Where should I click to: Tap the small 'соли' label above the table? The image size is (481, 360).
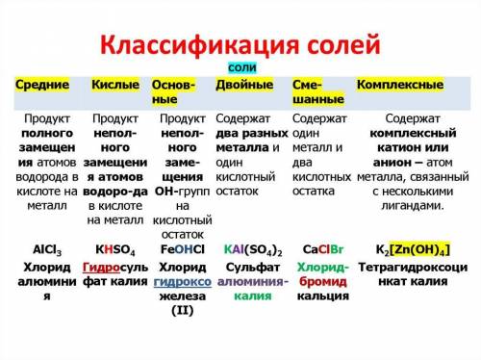click(x=240, y=69)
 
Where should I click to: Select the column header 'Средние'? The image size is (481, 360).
click(x=42, y=85)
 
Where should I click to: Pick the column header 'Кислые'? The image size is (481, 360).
click(x=114, y=85)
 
